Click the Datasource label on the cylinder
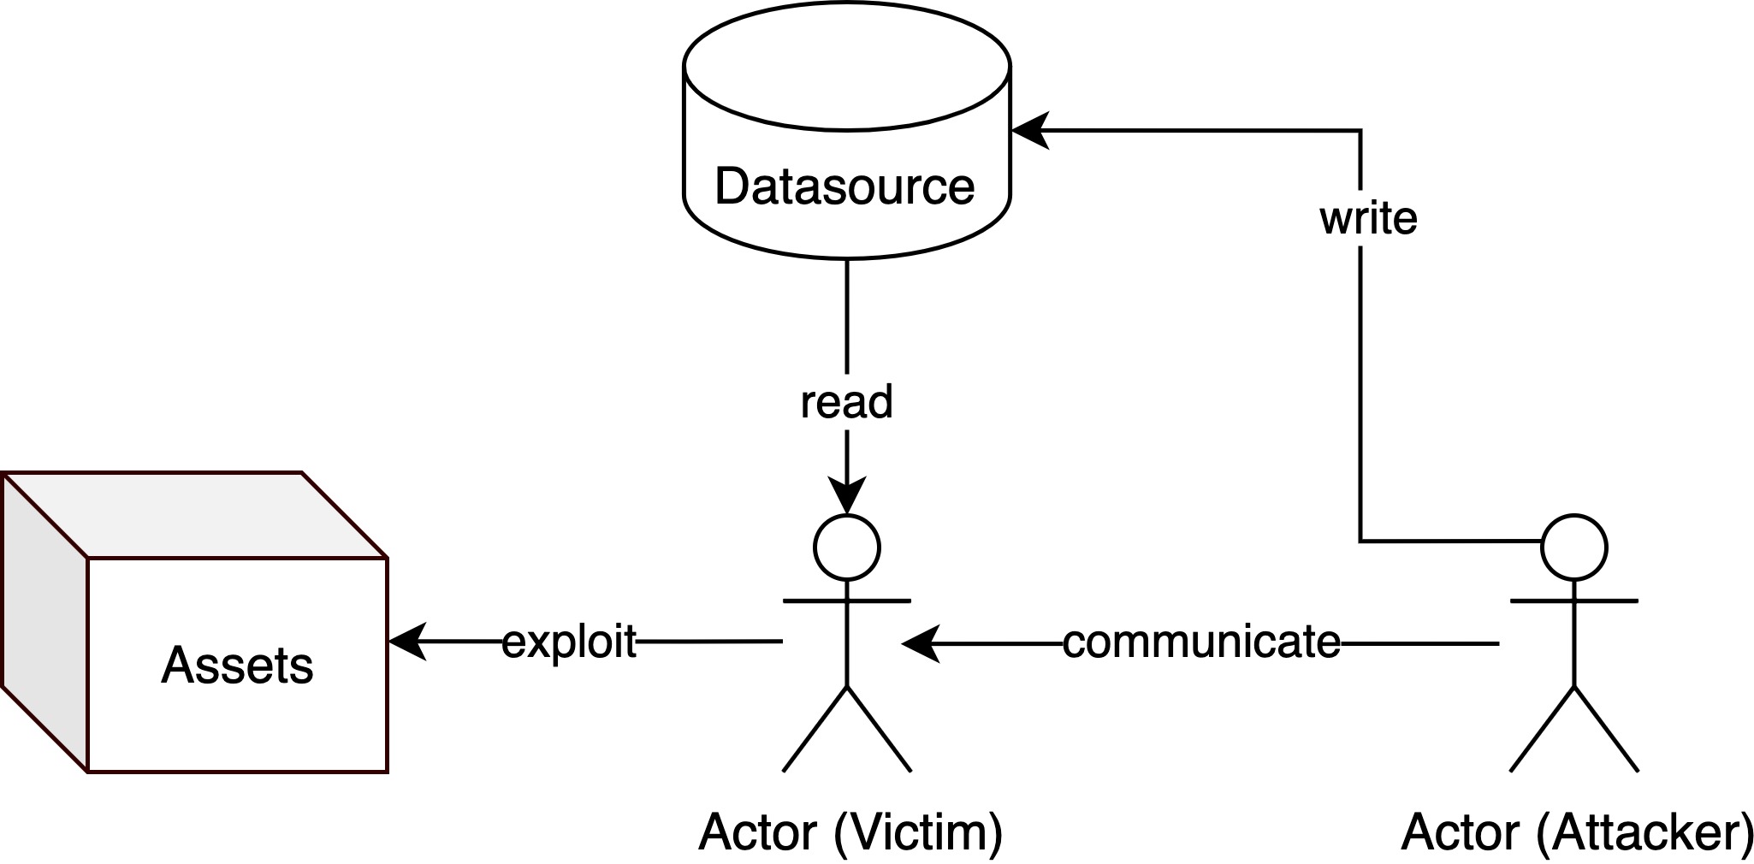pyautogui.click(x=844, y=186)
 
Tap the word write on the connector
pyautogui.click(x=1368, y=218)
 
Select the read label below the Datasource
pyautogui.click(x=846, y=402)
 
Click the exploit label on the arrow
pyautogui.click(x=569, y=642)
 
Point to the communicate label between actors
pyautogui.click(x=1201, y=642)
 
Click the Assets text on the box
pyautogui.click(x=237, y=666)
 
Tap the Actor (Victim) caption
pyautogui.click(x=850, y=831)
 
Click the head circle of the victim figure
pyautogui.click(x=846, y=548)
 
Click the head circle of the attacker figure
pyautogui.click(x=1573, y=548)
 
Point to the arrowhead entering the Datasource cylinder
pyautogui.click(x=1030, y=131)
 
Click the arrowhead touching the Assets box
pyautogui.click(x=407, y=642)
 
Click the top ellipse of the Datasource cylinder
pyautogui.click(x=847, y=67)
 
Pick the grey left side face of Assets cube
pyautogui.click(x=44, y=620)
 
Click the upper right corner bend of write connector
pyautogui.click(x=1360, y=131)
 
